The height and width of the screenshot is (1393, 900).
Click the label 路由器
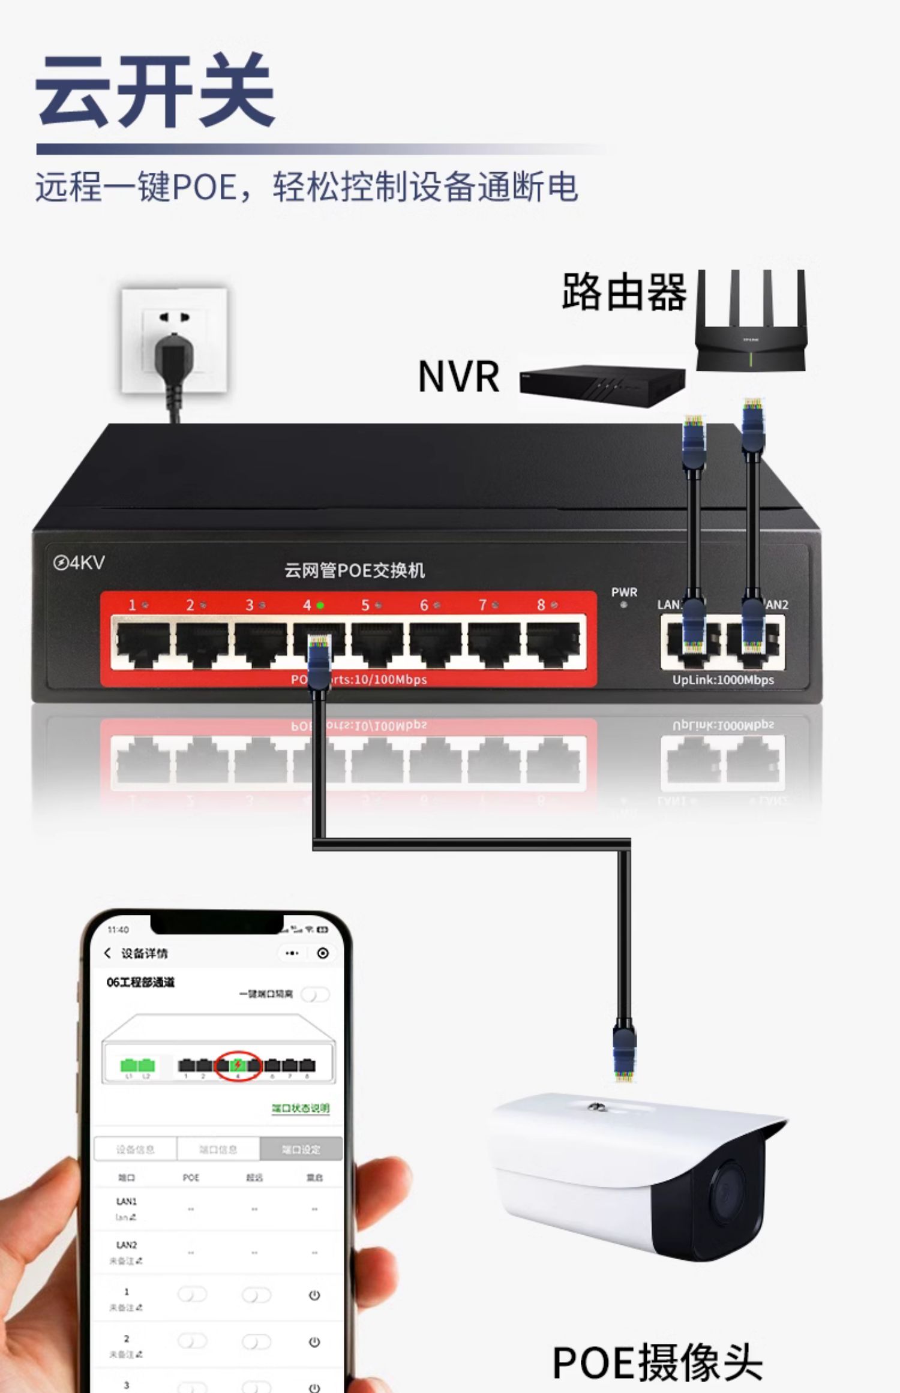pyautogui.click(x=624, y=292)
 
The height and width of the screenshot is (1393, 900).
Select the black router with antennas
pyautogui.click(x=751, y=336)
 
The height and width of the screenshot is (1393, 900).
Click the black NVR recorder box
pyautogui.click(x=602, y=385)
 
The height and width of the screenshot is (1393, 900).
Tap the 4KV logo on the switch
pyautogui.click(x=79, y=563)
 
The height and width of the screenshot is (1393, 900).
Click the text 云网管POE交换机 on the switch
pyautogui.click(x=355, y=570)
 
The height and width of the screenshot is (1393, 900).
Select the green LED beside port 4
pyautogui.click(x=320, y=605)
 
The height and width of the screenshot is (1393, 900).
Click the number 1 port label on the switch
pyautogui.click(x=132, y=605)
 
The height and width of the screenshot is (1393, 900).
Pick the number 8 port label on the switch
pyautogui.click(x=541, y=605)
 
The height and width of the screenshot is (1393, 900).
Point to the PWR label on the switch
pyautogui.click(x=624, y=592)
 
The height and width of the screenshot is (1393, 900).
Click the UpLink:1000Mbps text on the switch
pyautogui.click(x=723, y=680)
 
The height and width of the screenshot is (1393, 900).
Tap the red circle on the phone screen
pyautogui.click(x=238, y=1065)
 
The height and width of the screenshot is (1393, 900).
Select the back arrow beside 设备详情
pyautogui.click(x=107, y=953)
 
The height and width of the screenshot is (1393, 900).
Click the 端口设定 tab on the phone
pyautogui.click(x=301, y=1149)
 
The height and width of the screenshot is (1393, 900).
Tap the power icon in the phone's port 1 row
pyautogui.click(x=314, y=1295)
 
